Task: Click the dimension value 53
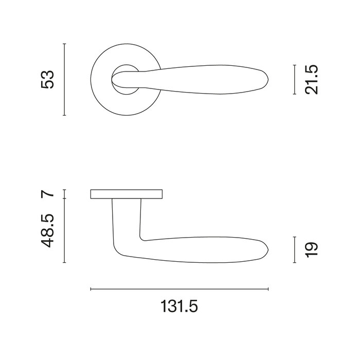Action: pos(48,79)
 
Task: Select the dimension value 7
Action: pos(48,194)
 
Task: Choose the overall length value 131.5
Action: pos(179,307)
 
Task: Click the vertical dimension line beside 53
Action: pos(64,80)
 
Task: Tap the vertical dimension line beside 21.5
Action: pos(294,80)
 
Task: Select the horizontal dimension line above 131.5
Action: pos(179,290)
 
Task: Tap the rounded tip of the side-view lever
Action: pos(266,250)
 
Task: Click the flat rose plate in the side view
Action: pos(127,194)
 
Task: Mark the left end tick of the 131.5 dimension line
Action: pos(91,290)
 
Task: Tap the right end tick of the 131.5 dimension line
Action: pos(268,290)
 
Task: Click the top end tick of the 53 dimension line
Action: pos(64,44)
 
